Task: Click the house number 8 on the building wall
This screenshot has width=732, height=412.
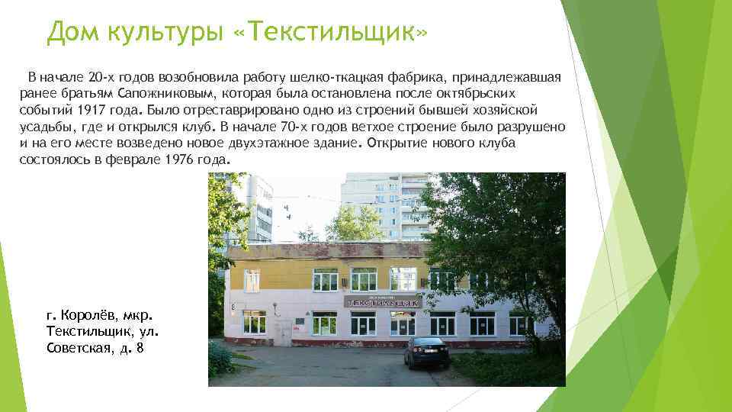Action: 233,306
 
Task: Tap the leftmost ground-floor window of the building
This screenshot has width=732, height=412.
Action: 255,322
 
